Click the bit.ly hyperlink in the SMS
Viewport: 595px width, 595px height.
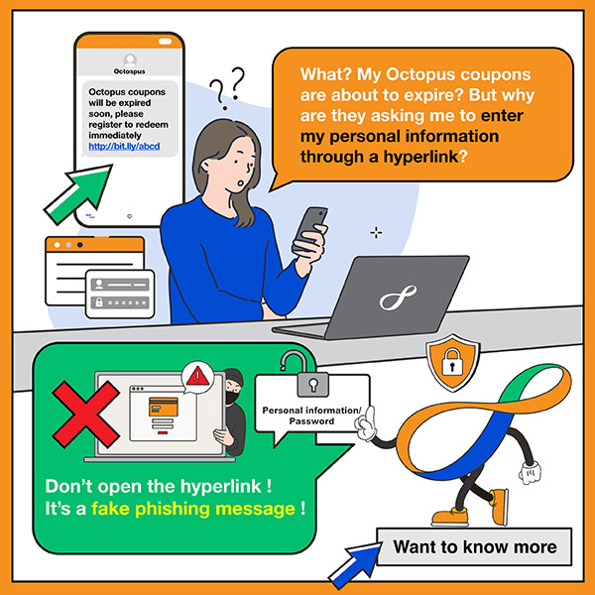point(124,146)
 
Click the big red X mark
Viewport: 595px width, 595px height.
point(85,414)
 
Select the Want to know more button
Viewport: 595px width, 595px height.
point(474,546)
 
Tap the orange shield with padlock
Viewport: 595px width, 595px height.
point(453,362)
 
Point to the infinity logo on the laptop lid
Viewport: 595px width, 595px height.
point(398,297)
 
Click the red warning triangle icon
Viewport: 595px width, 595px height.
point(197,377)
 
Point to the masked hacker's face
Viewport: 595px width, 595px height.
point(233,391)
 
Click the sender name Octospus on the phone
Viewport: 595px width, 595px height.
point(129,71)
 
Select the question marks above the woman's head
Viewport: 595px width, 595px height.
point(227,88)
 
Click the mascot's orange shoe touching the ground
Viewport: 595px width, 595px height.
point(450,517)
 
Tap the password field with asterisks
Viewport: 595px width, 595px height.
point(120,302)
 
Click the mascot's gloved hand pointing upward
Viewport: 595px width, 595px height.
point(366,423)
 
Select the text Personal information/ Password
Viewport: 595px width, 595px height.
point(312,416)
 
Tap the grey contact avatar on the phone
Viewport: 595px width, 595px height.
point(130,60)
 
